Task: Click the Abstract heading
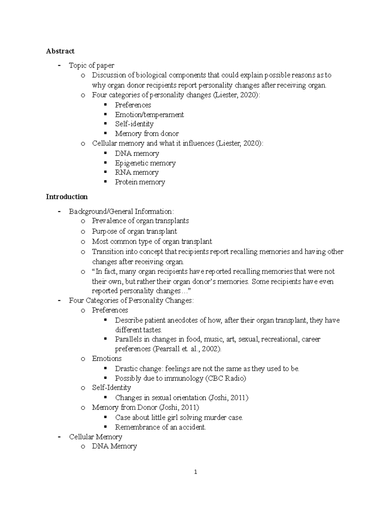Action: (x=60, y=51)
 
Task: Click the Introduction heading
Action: (x=67, y=197)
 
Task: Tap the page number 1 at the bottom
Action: (x=195, y=472)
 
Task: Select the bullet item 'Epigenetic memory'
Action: (x=145, y=163)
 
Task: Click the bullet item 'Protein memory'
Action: (x=140, y=182)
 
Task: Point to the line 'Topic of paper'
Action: (x=91, y=65)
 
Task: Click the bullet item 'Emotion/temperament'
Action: (x=149, y=115)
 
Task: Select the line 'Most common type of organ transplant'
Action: (x=152, y=241)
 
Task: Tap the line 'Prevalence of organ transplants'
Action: (x=140, y=221)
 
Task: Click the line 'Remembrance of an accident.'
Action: (x=160, y=427)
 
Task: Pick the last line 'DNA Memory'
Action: (x=114, y=446)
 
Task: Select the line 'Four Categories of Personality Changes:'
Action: (x=131, y=300)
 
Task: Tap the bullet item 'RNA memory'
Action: (x=137, y=172)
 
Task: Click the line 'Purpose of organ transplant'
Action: (x=134, y=231)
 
